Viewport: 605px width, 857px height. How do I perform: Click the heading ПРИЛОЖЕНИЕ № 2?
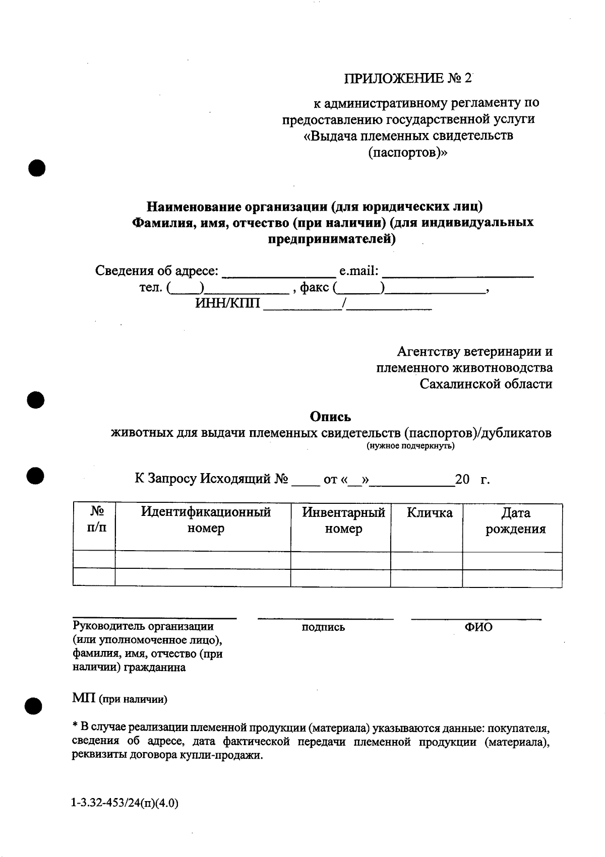[x=408, y=79]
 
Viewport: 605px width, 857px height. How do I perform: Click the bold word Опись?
[x=330, y=417]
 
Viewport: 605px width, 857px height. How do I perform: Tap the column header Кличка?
[x=430, y=513]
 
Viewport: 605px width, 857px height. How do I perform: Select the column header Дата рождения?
[x=515, y=521]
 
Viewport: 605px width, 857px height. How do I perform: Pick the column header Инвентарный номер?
[x=343, y=521]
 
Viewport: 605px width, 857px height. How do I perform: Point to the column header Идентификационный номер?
[x=206, y=521]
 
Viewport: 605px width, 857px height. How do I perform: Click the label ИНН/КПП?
[x=227, y=303]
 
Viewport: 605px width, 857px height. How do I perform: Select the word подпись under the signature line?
[x=323, y=627]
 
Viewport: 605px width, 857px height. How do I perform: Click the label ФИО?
[x=478, y=627]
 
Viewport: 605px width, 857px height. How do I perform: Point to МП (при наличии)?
[x=120, y=699]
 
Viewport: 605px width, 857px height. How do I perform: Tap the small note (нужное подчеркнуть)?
[x=410, y=446]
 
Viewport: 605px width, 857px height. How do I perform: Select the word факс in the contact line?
[x=315, y=288]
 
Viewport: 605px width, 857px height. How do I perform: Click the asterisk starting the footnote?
[x=75, y=726]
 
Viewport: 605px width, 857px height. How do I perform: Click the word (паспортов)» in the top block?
[x=408, y=152]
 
